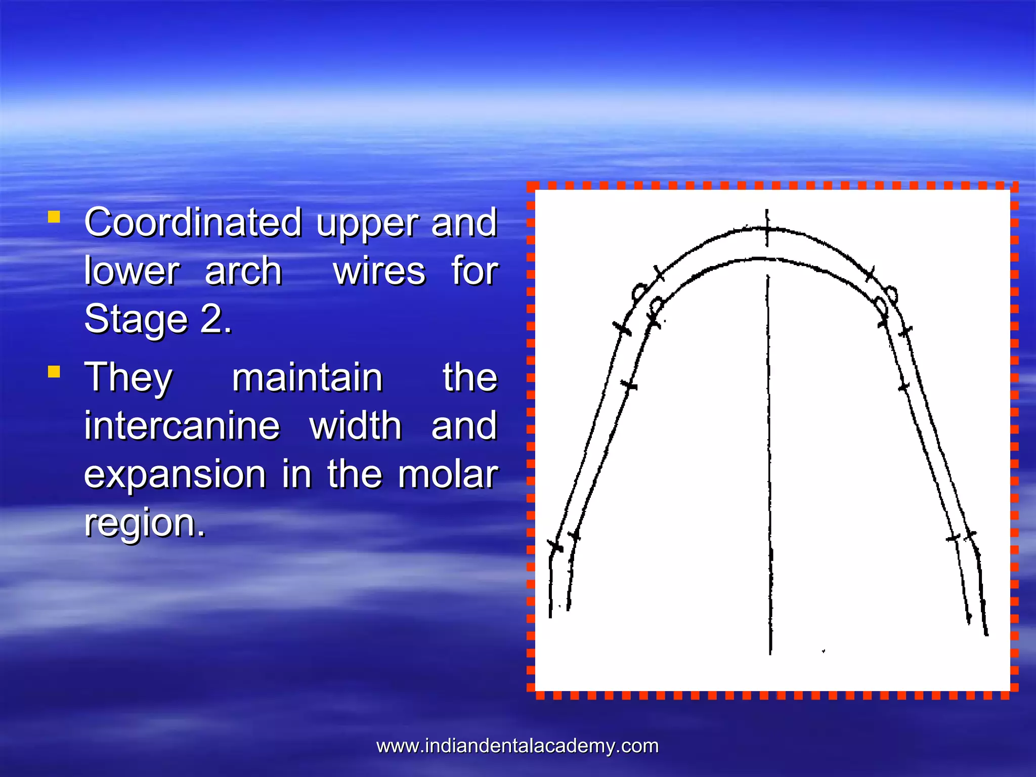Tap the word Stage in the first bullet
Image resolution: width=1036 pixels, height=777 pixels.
click(x=136, y=320)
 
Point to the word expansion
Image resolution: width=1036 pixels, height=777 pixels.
click(x=175, y=474)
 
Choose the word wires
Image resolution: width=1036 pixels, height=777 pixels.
click(x=379, y=272)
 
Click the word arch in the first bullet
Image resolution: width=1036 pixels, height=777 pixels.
click(x=243, y=272)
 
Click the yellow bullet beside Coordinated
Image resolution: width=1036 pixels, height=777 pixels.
click(x=54, y=218)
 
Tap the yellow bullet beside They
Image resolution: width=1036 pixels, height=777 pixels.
click(x=54, y=372)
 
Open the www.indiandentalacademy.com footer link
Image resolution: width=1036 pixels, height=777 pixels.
click(x=517, y=746)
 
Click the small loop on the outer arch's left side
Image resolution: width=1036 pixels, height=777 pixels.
click(x=639, y=292)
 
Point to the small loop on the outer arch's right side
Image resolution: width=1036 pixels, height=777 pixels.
click(x=891, y=293)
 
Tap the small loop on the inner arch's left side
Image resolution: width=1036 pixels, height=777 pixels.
click(x=657, y=305)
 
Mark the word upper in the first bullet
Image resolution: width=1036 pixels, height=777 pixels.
click(x=367, y=223)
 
